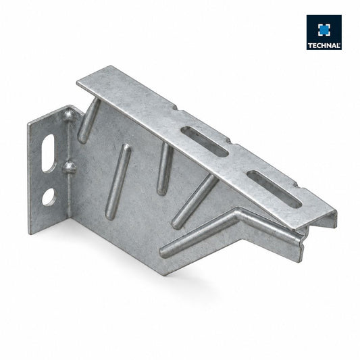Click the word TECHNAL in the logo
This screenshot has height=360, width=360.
tap(324, 45)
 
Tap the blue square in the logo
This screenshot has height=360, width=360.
tap(324, 30)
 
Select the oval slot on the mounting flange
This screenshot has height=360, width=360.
tap(49, 153)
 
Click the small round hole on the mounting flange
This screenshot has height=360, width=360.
tap(49, 197)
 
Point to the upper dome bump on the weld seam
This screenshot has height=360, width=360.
tap(68, 115)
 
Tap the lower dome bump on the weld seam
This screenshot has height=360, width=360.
tap(70, 167)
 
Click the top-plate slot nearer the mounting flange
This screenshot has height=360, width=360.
tap(205, 142)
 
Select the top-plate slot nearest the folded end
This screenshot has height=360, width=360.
tap(274, 189)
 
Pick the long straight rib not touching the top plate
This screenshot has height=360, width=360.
tap(118, 182)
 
